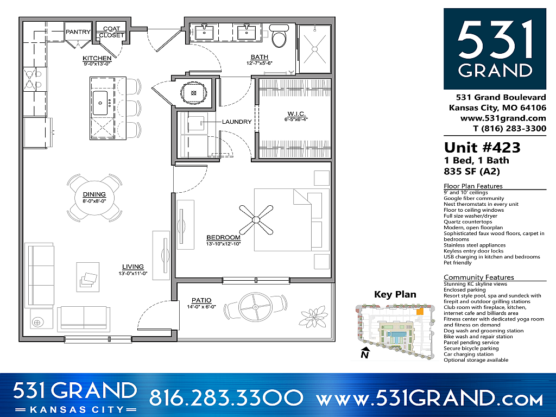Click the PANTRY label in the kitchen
(x=78, y=32)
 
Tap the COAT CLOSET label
(x=111, y=32)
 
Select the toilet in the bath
(x=279, y=36)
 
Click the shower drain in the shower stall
(x=313, y=47)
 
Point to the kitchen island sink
(x=100, y=103)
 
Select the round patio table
(x=257, y=307)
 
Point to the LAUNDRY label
(x=237, y=122)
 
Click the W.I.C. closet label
(x=296, y=114)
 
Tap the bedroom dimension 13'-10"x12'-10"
(x=223, y=244)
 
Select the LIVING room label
(x=133, y=267)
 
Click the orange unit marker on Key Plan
(x=419, y=312)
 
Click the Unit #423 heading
(x=482, y=147)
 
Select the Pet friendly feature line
(x=458, y=263)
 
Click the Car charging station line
(x=469, y=354)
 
